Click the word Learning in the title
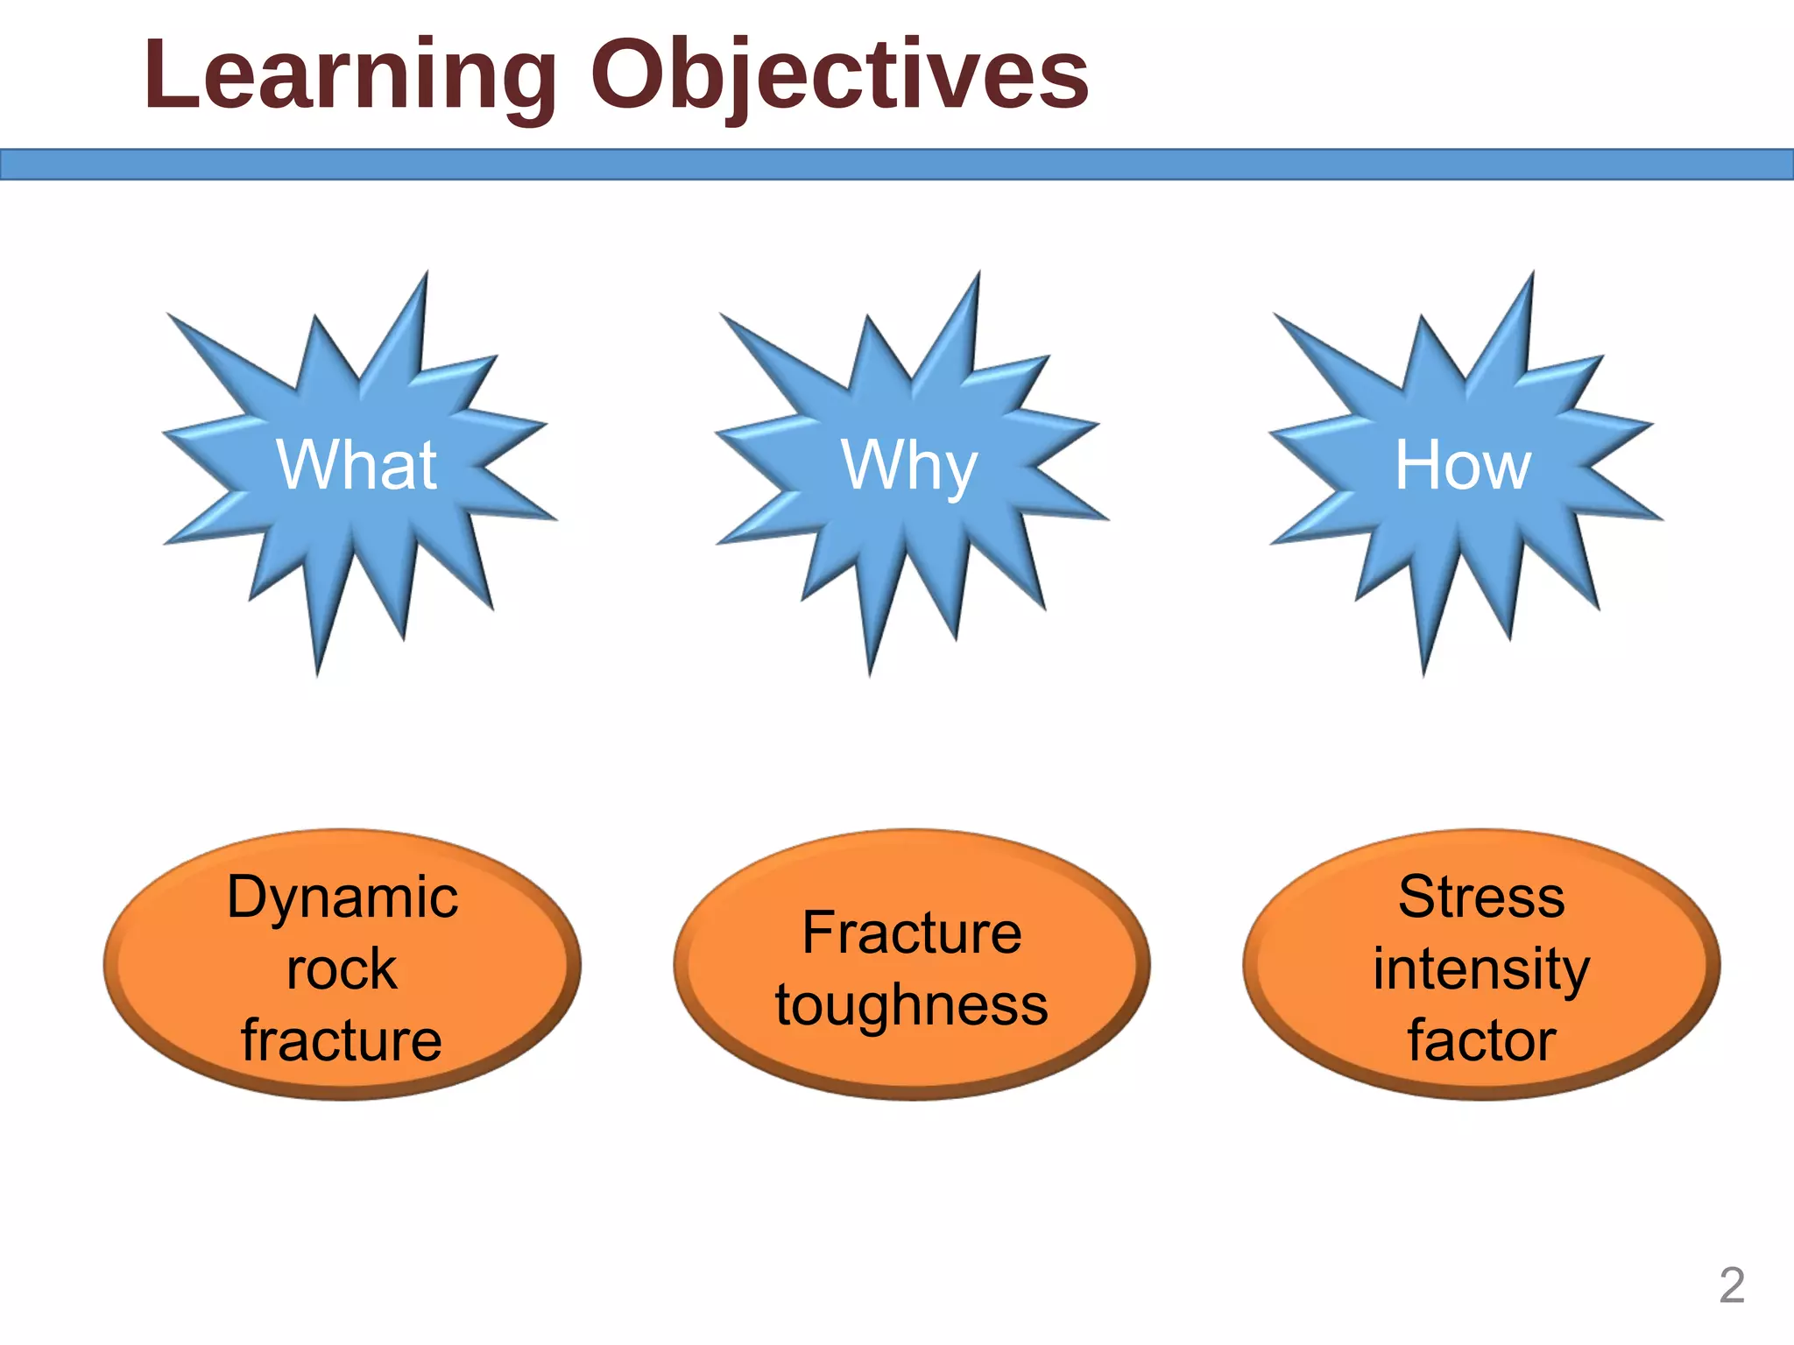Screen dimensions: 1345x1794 350,77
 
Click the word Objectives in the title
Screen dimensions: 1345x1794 839,77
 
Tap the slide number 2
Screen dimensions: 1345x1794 1731,1285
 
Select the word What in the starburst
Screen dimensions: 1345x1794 357,465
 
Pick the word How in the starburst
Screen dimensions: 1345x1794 1463,465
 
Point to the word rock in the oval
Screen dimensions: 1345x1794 342,969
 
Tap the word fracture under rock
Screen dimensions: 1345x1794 342,1040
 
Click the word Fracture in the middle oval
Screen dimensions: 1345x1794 911,933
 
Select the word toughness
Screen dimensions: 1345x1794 911,1005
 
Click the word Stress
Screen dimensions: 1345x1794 1481,898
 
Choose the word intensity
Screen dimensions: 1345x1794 1481,969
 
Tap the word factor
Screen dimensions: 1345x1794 1481,1040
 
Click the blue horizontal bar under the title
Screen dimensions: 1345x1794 897,165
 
